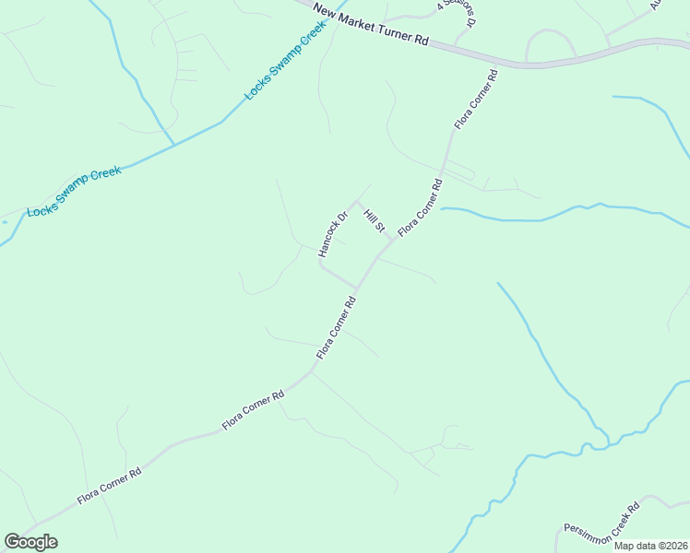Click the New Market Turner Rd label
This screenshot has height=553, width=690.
point(371,25)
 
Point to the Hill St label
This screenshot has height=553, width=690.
point(374,221)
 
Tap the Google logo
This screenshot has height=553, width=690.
point(30,542)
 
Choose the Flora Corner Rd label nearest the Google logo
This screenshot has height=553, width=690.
point(109,486)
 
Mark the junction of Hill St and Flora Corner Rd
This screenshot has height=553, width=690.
point(394,240)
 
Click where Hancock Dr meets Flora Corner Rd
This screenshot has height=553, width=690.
point(358,287)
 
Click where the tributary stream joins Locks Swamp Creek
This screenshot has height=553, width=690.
point(174,145)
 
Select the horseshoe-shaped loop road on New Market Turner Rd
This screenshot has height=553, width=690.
point(551,41)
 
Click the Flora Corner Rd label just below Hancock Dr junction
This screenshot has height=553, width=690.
point(337,328)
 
